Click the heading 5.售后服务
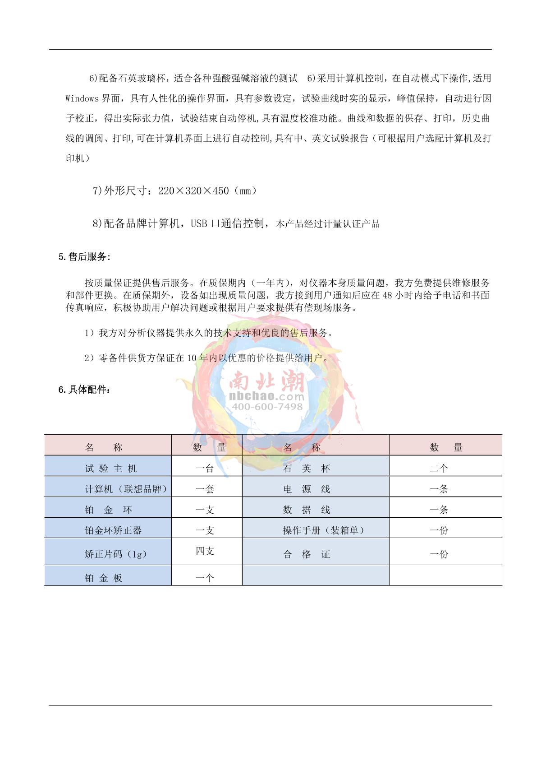[x=84, y=257]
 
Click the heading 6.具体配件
[x=84, y=390]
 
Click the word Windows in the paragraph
[x=82, y=98]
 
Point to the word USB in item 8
[x=199, y=223]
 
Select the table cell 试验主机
[x=110, y=469]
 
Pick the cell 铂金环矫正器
[x=113, y=530]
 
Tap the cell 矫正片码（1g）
[x=116, y=554]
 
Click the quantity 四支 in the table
[x=205, y=551]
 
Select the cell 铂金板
[x=104, y=578]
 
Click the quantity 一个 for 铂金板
[x=205, y=578]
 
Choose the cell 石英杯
[x=307, y=469]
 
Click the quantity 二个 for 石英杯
[x=439, y=469]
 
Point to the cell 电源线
[x=307, y=489]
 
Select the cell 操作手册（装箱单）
[x=324, y=530]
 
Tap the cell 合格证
[x=307, y=554]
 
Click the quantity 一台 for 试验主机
[x=205, y=469]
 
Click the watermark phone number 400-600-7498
[x=267, y=407]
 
